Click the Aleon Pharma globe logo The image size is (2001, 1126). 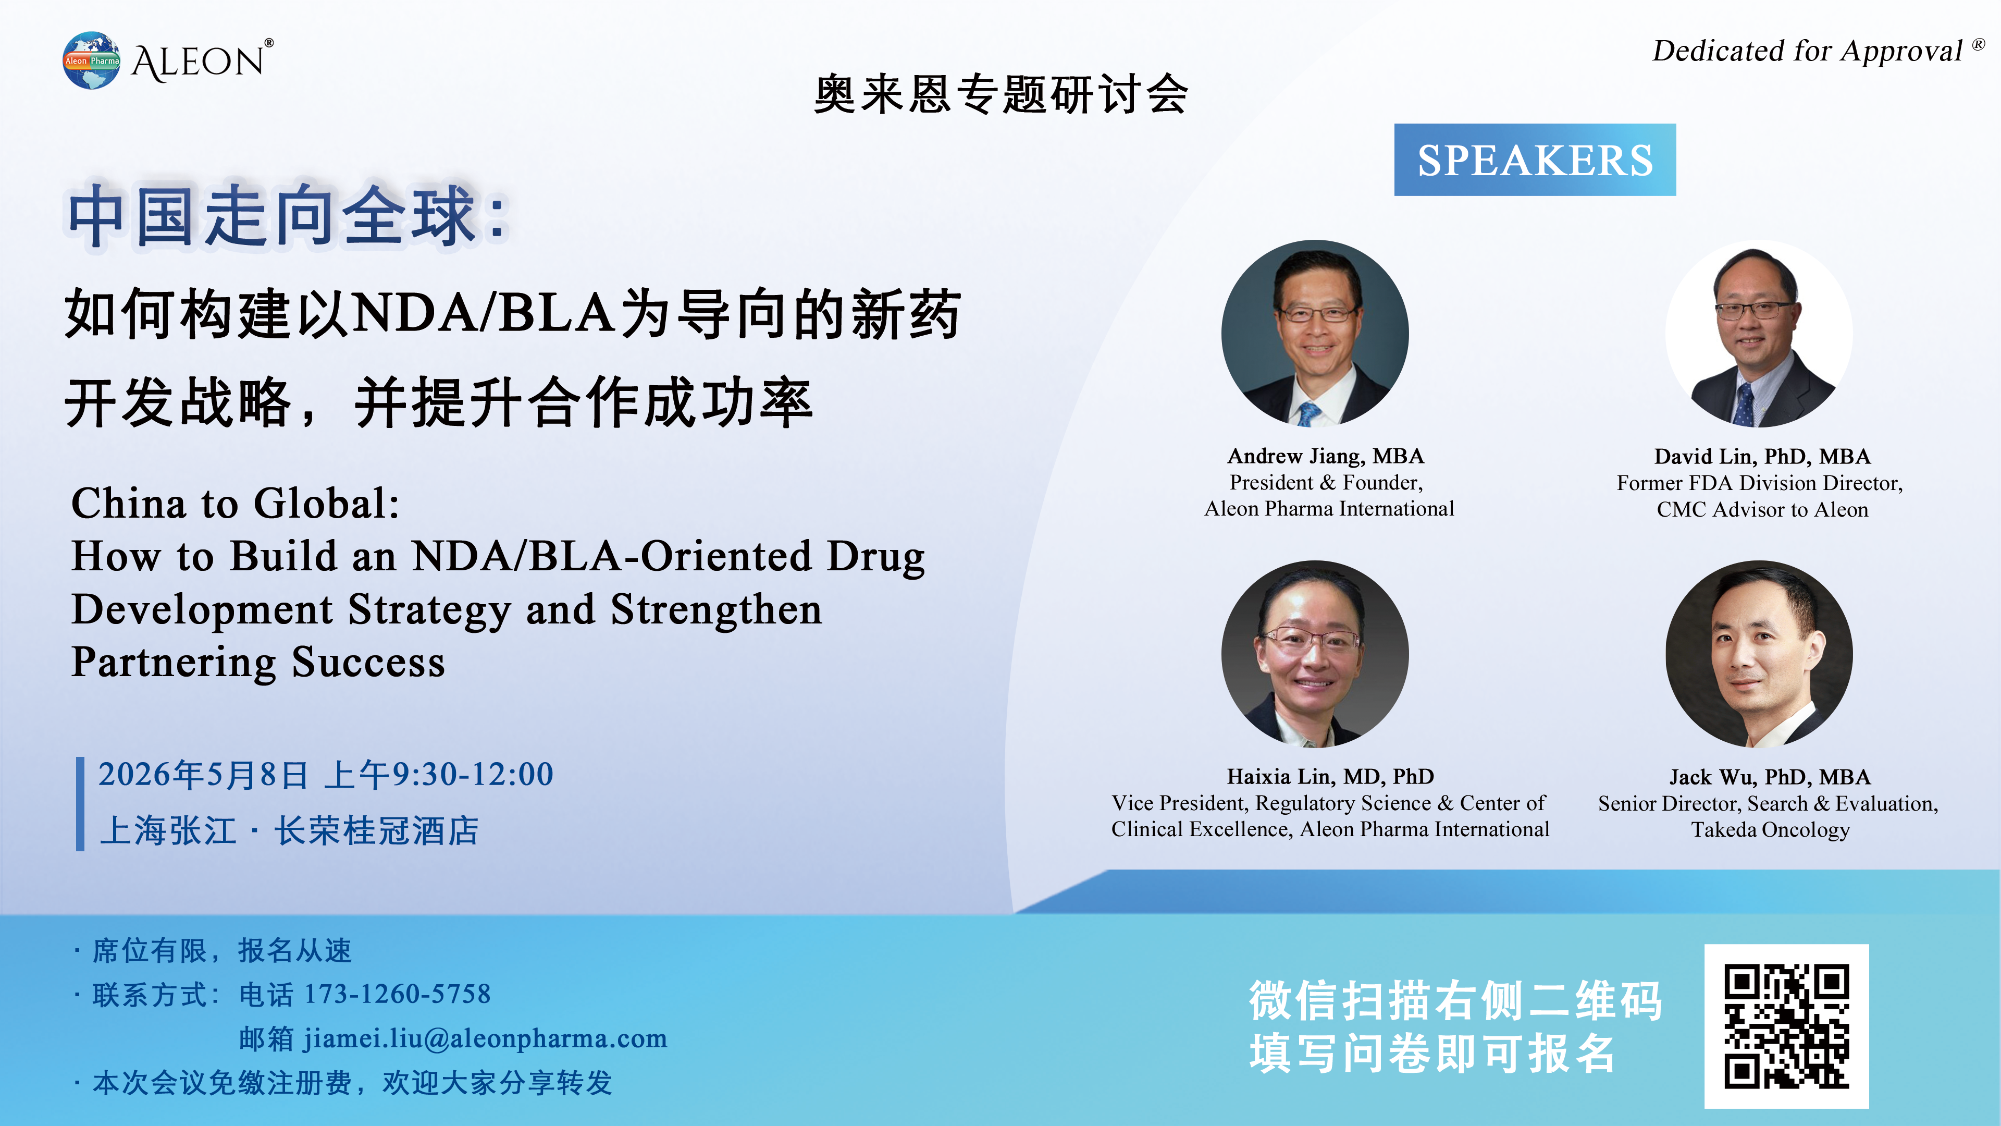[x=92, y=60]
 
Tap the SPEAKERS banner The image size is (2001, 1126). [x=1535, y=160]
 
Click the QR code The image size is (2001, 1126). [x=1787, y=1026]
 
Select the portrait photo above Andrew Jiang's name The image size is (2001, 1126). [x=1315, y=334]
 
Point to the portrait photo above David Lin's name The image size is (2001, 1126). [x=1759, y=334]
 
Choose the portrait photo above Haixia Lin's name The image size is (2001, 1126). [x=1315, y=654]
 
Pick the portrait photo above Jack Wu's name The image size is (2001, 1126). [x=1759, y=654]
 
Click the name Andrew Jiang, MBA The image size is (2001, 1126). [x=1326, y=456]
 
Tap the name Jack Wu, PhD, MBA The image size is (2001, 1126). [x=1770, y=777]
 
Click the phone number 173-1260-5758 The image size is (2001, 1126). [x=397, y=994]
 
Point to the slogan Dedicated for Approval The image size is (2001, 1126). [x=1808, y=51]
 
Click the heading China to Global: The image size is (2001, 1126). [x=236, y=504]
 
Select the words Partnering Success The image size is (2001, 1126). [x=258, y=663]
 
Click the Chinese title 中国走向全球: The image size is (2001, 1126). [x=288, y=215]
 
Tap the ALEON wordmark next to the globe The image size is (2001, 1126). [x=202, y=60]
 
